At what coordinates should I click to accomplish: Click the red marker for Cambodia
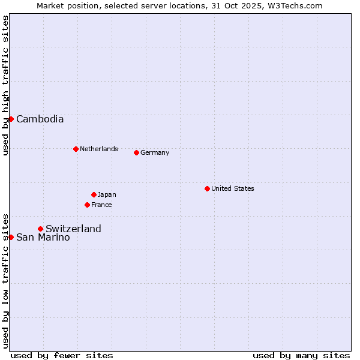11,119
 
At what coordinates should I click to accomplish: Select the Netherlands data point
76,149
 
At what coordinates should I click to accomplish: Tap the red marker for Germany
136,152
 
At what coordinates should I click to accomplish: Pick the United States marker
207,188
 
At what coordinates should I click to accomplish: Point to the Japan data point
94,194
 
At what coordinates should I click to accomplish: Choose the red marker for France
87,205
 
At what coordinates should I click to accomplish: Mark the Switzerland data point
40,229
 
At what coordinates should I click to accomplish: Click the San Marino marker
11,237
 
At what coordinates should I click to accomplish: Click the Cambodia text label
40,119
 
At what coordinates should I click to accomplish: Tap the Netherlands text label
98,149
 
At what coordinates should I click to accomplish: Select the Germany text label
155,152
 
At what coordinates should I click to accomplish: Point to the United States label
232,188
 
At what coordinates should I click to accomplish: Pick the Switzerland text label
73,229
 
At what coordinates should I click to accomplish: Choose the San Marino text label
43,237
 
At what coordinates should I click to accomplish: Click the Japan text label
107,194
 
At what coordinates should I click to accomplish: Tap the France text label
101,205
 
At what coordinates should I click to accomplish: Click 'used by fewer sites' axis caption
62,355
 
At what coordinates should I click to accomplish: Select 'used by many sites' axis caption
301,355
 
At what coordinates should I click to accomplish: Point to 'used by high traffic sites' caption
5,85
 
